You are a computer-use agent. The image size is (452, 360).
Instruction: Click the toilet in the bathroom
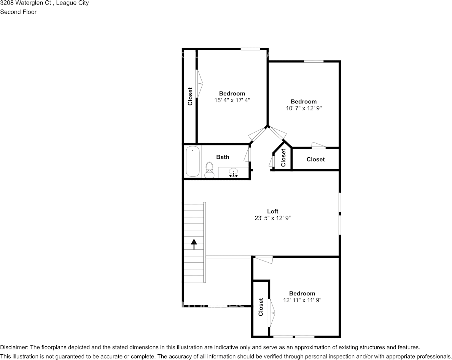[209, 170]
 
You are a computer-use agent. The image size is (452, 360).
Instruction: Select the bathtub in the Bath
[193, 161]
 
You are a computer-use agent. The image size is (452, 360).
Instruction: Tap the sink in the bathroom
[234, 172]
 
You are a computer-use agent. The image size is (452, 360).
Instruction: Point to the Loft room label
[272, 211]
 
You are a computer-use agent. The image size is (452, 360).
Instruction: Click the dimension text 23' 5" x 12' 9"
[272, 218]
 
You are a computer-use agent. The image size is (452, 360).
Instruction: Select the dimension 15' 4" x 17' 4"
[232, 100]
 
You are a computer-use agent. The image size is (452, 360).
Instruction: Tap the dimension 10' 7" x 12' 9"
[303, 108]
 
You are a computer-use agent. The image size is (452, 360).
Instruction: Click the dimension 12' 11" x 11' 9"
[302, 300]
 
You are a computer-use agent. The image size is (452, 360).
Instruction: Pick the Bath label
[223, 157]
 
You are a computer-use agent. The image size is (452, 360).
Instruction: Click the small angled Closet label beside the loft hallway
[283, 158]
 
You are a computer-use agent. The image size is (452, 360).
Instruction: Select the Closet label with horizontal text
[315, 159]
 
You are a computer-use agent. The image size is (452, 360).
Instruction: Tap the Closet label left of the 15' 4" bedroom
[190, 97]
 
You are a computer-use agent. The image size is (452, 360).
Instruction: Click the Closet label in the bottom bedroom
[261, 307]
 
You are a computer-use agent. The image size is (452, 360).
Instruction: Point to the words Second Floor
[18, 12]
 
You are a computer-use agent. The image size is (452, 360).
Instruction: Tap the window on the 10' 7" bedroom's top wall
[314, 61]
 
